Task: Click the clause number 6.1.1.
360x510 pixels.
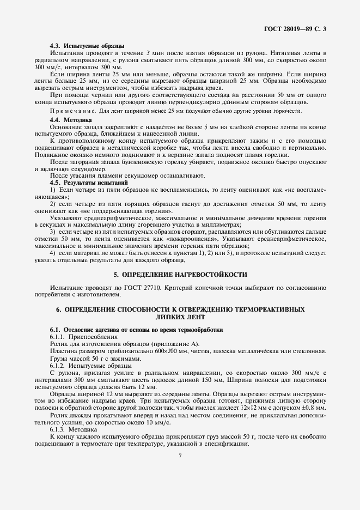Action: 58,337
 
